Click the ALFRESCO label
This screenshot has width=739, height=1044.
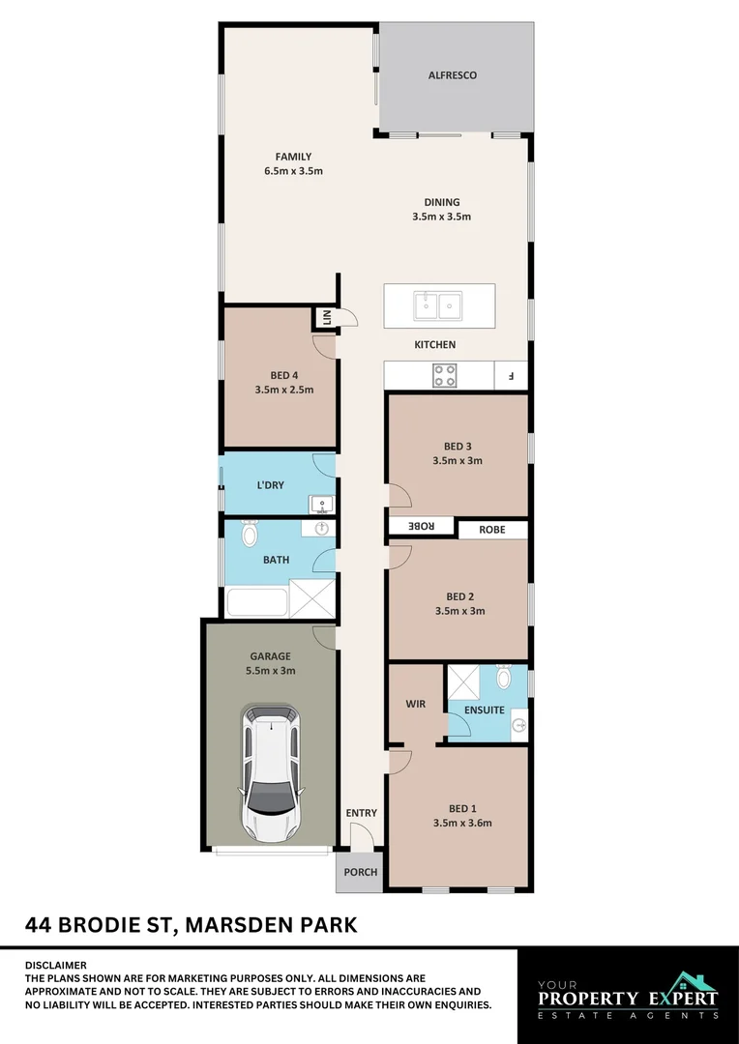pos(453,75)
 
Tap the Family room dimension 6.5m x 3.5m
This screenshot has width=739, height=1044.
pos(292,171)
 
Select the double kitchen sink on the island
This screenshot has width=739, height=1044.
pos(438,305)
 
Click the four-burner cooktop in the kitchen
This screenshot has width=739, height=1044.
pos(444,375)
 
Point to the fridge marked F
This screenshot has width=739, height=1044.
pos(511,375)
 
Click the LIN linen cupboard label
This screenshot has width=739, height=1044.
pos(326,317)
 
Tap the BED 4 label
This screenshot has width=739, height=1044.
pos(283,377)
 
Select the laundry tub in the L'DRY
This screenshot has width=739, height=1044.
pos(321,504)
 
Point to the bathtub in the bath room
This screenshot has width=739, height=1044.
pos(256,602)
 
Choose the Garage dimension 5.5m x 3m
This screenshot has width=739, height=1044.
pos(271,670)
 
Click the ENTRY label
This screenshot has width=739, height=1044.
pos(361,813)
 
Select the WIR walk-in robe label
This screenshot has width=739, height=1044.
pos(415,705)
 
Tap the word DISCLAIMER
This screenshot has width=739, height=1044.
pos(55,965)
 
